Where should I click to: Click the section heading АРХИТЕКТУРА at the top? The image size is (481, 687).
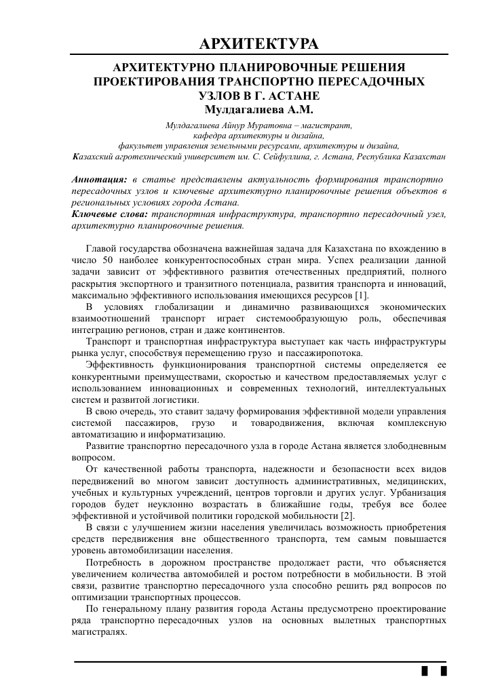point(258,45)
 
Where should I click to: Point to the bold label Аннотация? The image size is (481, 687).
point(99,180)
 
